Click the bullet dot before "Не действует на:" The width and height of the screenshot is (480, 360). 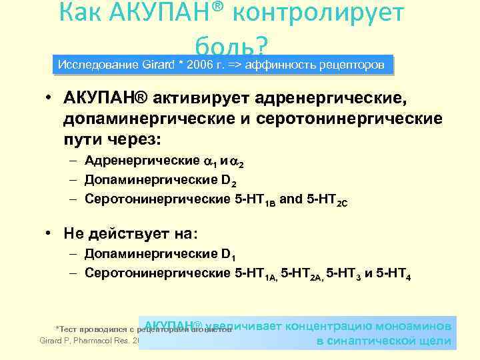pyautogui.click(x=49, y=234)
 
